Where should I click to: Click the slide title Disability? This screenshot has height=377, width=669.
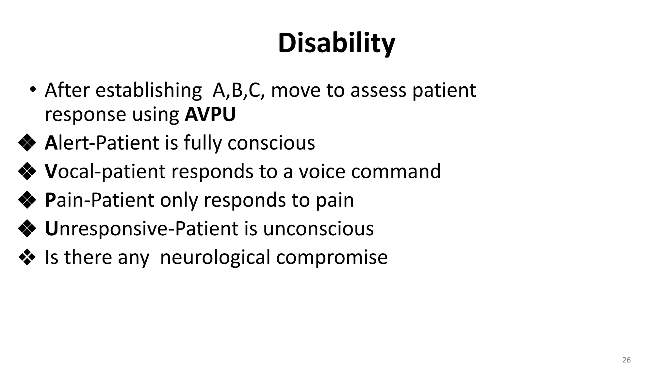pos(336,43)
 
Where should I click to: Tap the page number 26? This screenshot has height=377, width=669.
pos(626,360)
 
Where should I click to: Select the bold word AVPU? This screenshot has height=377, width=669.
pos(210,114)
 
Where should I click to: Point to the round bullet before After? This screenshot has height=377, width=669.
pos(32,89)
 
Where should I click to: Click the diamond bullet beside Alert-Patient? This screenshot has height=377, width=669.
pos(27,143)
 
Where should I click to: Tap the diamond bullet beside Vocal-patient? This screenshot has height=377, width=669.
pos(27,171)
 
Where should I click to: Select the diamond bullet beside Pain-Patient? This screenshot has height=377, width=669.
pos(27,200)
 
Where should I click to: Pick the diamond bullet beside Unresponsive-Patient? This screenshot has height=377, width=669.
pos(27,228)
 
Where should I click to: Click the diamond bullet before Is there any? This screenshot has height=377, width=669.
pos(27,257)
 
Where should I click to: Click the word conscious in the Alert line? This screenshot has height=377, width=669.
pos(271,143)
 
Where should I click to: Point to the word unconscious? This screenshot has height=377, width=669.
pos(318,228)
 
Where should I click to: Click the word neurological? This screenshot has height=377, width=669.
pos(215,257)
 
